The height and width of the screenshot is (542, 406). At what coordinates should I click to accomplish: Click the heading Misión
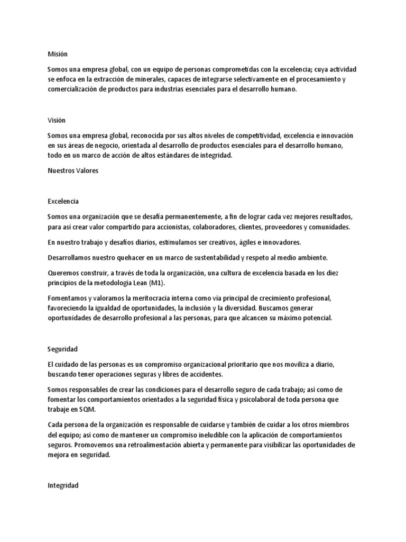tap(57, 54)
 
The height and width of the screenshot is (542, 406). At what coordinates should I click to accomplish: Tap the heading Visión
tap(57, 120)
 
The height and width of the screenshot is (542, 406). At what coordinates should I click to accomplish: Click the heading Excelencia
tap(63, 201)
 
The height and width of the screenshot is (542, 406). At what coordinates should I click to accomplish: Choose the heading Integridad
tap(63, 484)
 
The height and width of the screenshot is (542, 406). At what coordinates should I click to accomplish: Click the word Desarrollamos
tap(70, 258)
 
